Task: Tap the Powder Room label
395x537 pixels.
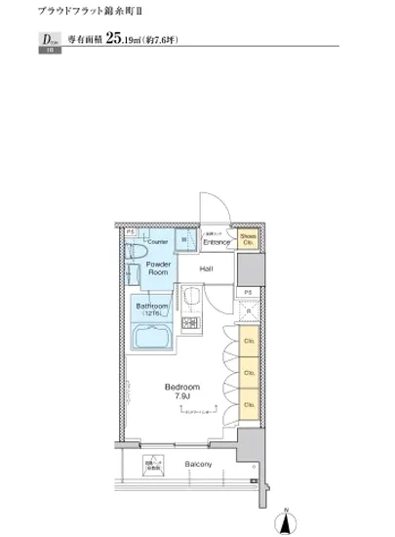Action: [159, 268]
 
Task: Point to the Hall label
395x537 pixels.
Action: [207, 268]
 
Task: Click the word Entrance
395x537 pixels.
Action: [217, 242]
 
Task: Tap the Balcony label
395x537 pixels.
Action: [199, 465]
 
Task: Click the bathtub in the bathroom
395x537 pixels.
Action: [151, 336]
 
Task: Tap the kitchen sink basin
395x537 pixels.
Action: [193, 297]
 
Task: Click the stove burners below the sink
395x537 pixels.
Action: [192, 323]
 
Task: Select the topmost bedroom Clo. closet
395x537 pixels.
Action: [250, 344]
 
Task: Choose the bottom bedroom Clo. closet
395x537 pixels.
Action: [250, 401]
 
